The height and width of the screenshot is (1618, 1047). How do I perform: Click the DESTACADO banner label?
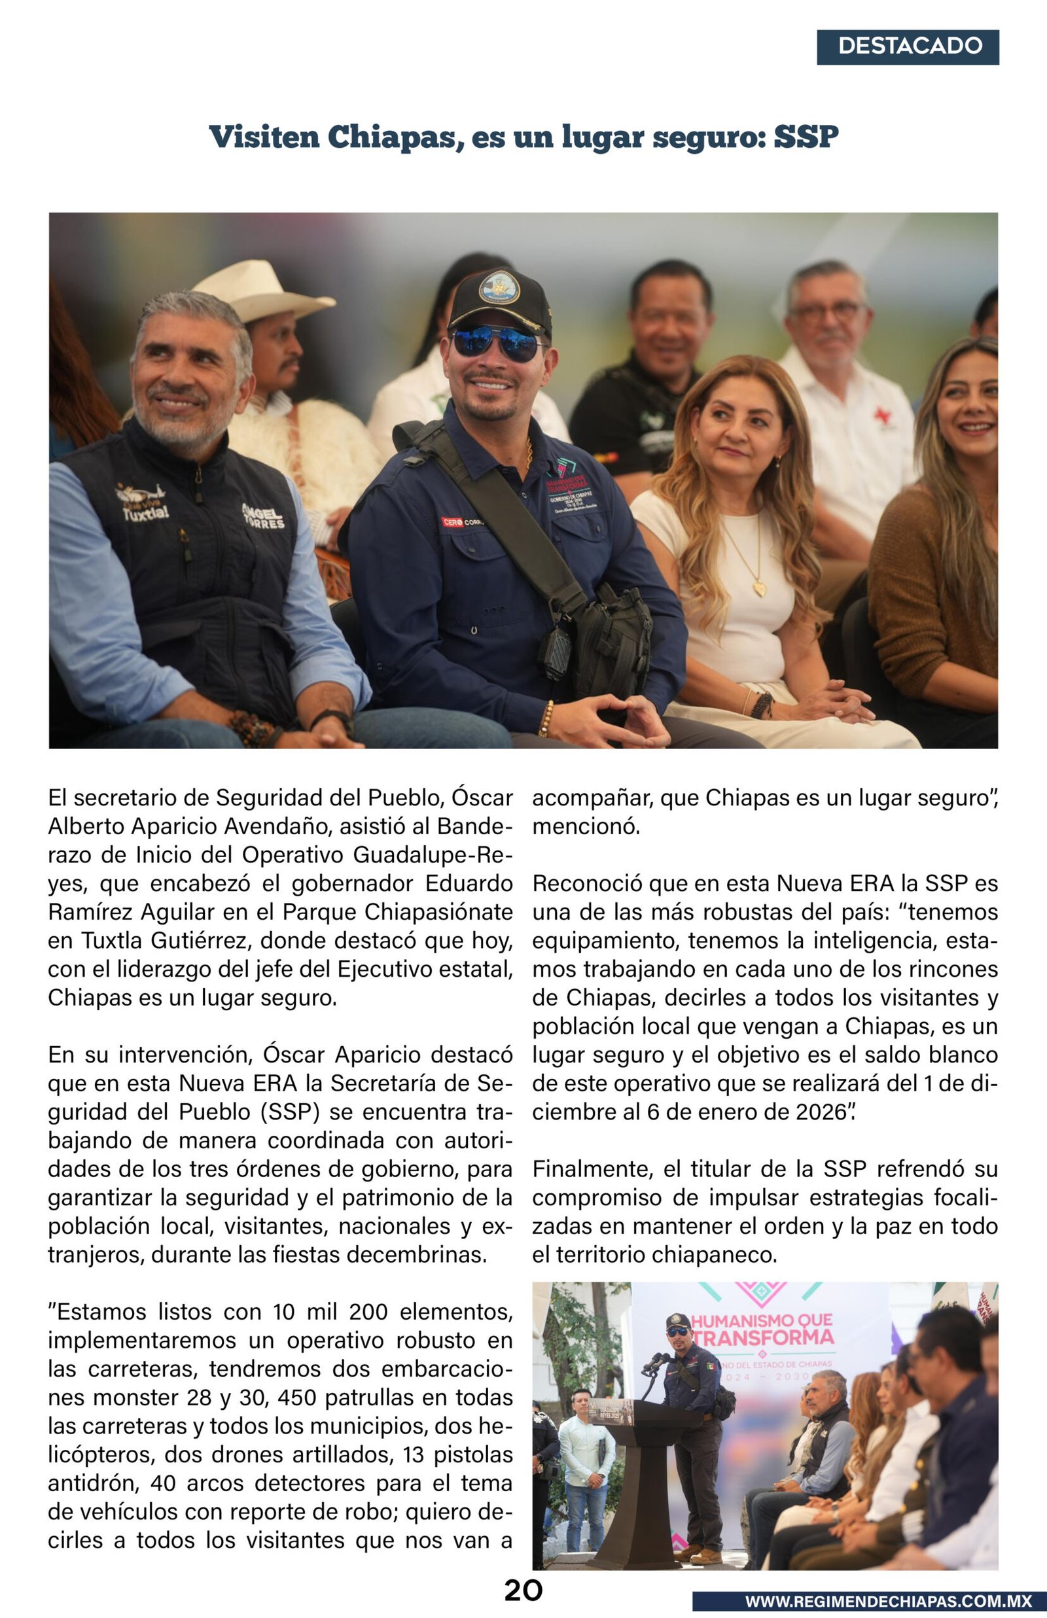910,46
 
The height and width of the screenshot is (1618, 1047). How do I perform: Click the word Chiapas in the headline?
390,137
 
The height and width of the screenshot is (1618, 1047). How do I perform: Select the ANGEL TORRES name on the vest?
263,516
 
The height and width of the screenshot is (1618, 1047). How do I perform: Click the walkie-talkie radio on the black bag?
555,653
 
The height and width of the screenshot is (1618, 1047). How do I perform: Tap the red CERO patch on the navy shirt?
453,522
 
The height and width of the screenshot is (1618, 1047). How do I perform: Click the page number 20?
523,1590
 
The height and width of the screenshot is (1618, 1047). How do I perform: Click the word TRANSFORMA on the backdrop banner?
764,1338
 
